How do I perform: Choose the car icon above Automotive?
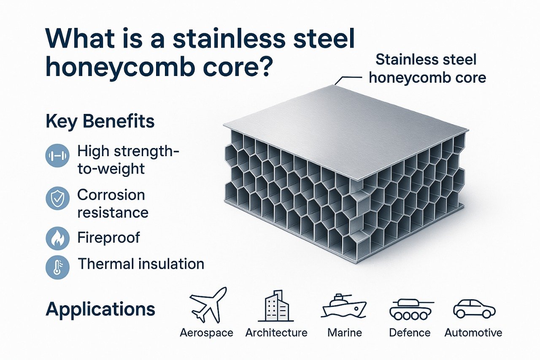coord(474,308)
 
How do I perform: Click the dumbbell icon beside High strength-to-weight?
coord(57,156)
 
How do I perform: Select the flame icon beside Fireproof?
coord(57,238)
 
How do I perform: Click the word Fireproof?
coord(108,238)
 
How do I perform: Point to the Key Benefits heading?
coord(100,122)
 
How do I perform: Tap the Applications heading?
coord(100,309)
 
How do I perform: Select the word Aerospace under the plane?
coord(206,333)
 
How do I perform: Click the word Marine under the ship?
coord(345,333)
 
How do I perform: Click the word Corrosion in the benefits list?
coord(111,195)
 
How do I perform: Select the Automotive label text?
coord(473,333)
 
